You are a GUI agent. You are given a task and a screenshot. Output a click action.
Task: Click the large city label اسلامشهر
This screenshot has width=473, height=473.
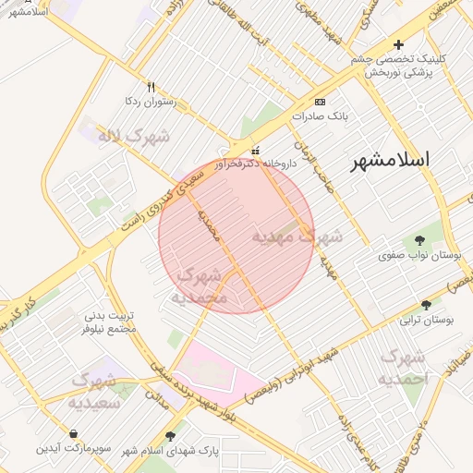pyautogui.click(x=391, y=160)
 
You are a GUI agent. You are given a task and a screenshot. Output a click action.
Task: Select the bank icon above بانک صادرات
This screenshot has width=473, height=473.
pyautogui.click(x=320, y=102)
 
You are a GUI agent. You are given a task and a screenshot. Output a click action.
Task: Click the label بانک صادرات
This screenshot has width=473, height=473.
pyautogui.click(x=318, y=117)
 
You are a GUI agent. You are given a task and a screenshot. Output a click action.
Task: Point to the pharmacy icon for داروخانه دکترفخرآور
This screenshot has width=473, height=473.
pyautogui.click(x=256, y=151)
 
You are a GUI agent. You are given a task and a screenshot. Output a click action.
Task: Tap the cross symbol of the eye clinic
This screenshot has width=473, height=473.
pyautogui.click(x=398, y=44)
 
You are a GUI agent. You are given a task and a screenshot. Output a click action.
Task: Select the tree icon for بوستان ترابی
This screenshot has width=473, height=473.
pyautogui.click(x=426, y=305)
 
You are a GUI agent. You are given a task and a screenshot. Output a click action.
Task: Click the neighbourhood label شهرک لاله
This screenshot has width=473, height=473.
pyautogui.click(x=137, y=137)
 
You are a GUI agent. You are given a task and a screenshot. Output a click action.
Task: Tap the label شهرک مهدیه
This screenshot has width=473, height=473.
pyautogui.click(x=297, y=236)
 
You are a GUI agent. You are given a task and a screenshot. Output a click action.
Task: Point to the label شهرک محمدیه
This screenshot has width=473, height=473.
pyautogui.click(x=198, y=286)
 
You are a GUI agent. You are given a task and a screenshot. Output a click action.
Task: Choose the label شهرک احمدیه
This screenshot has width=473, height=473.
pyautogui.click(x=405, y=367)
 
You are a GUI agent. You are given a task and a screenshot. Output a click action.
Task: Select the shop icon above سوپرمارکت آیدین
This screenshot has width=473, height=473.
pyautogui.click(x=73, y=433)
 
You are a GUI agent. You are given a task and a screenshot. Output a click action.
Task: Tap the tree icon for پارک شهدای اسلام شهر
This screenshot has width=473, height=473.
pyautogui.click(x=170, y=435)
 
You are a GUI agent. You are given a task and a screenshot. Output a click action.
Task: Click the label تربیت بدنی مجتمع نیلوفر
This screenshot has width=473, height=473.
pyautogui.click(x=110, y=321)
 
